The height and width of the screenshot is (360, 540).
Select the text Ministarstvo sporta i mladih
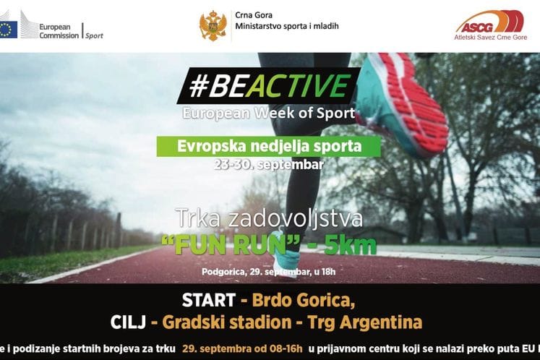tap(287, 27)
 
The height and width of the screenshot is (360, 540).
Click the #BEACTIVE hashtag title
tap(267, 87)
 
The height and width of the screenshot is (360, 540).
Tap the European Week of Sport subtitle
tap(268, 113)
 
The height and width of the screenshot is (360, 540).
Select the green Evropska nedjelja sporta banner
tap(269, 147)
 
